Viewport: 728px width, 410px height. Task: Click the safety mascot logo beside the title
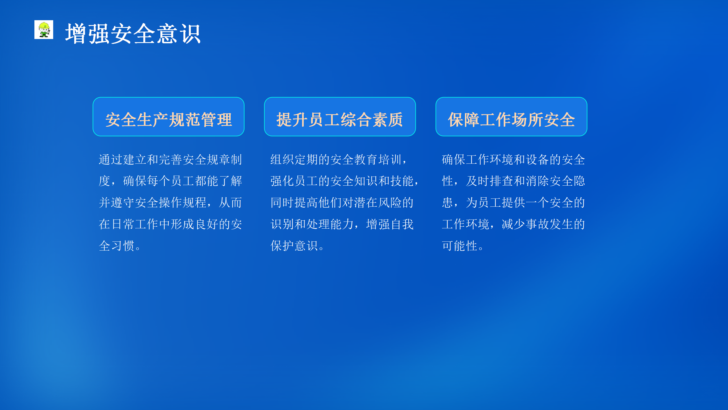point(44,30)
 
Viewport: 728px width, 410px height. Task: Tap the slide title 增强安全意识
point(133,34)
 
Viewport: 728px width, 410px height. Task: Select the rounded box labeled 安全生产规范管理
point(169,117)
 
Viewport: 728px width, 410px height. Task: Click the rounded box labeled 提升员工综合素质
point(340,117)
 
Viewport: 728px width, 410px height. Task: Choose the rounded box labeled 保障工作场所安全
point(511,117)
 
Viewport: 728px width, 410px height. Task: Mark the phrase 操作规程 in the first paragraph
point(183,203)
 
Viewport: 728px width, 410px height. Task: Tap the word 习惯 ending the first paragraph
point(123,246)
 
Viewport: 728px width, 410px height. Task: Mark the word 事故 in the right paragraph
point(537,224)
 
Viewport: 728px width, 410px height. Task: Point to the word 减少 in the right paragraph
point(514,224)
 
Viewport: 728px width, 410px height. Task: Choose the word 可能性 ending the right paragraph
point(460,246)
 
